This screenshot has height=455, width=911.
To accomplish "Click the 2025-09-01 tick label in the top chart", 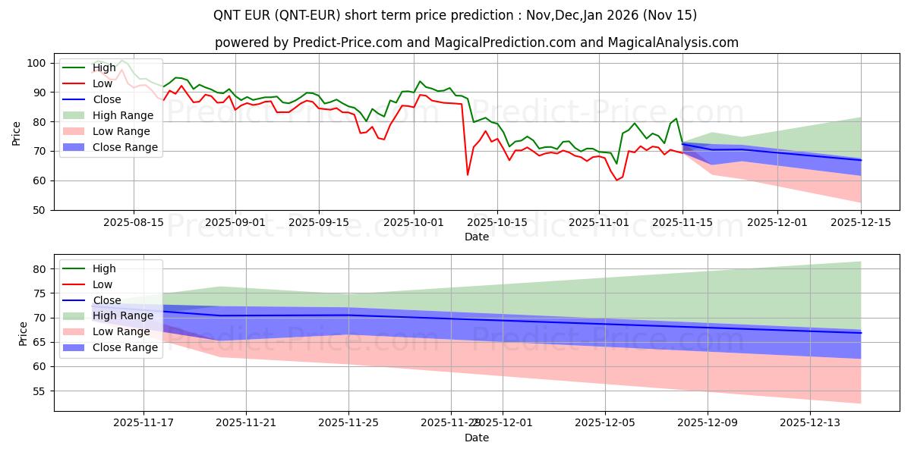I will [235, 222].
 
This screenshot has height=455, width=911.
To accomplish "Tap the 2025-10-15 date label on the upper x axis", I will [497, 222].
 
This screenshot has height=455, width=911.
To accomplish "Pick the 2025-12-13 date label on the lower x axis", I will [810, 423].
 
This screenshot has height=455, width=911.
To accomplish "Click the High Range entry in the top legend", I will [123, 115].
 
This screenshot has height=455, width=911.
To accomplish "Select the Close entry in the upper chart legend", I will [107, 99].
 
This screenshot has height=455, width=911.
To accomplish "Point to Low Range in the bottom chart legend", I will [121, 331].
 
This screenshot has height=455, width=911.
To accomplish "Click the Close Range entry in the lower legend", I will [125, 347].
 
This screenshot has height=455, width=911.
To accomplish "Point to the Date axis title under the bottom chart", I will [476, 438].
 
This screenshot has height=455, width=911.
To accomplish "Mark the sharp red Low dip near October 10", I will [468, 175].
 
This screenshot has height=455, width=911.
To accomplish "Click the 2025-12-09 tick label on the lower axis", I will [708, 423].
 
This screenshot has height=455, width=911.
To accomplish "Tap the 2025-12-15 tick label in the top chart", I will [861, 222].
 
